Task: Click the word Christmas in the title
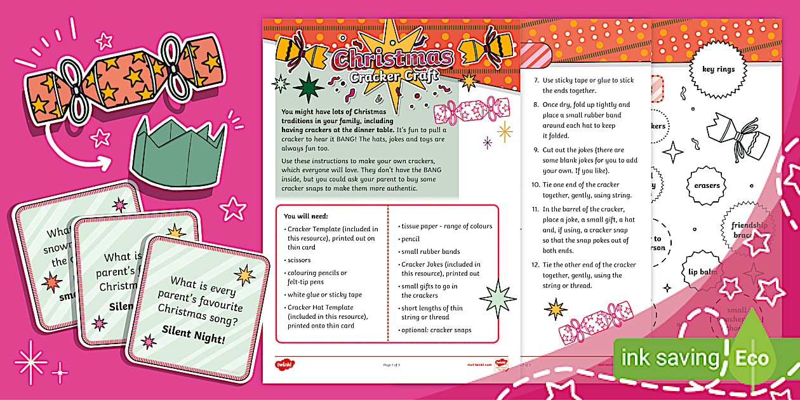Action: pyautogui.click(x=393, y=58)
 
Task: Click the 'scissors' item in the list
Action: pyautogui.click(x=300, y=260)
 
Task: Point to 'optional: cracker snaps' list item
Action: pyautogui.click(x=436, y=330)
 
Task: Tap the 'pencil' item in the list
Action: pyautogui.click(x=410, y=239)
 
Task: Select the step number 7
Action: pyautogui.click(x=535, y=81)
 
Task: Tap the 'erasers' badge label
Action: pyautogui.click(x=707, y=185)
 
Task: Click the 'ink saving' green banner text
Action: pyautogui.click(x=669, y=358)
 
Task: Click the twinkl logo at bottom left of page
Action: pyautogui.click(x=284, y=364)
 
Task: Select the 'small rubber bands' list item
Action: pyautogui.click(x=430, y=251)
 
